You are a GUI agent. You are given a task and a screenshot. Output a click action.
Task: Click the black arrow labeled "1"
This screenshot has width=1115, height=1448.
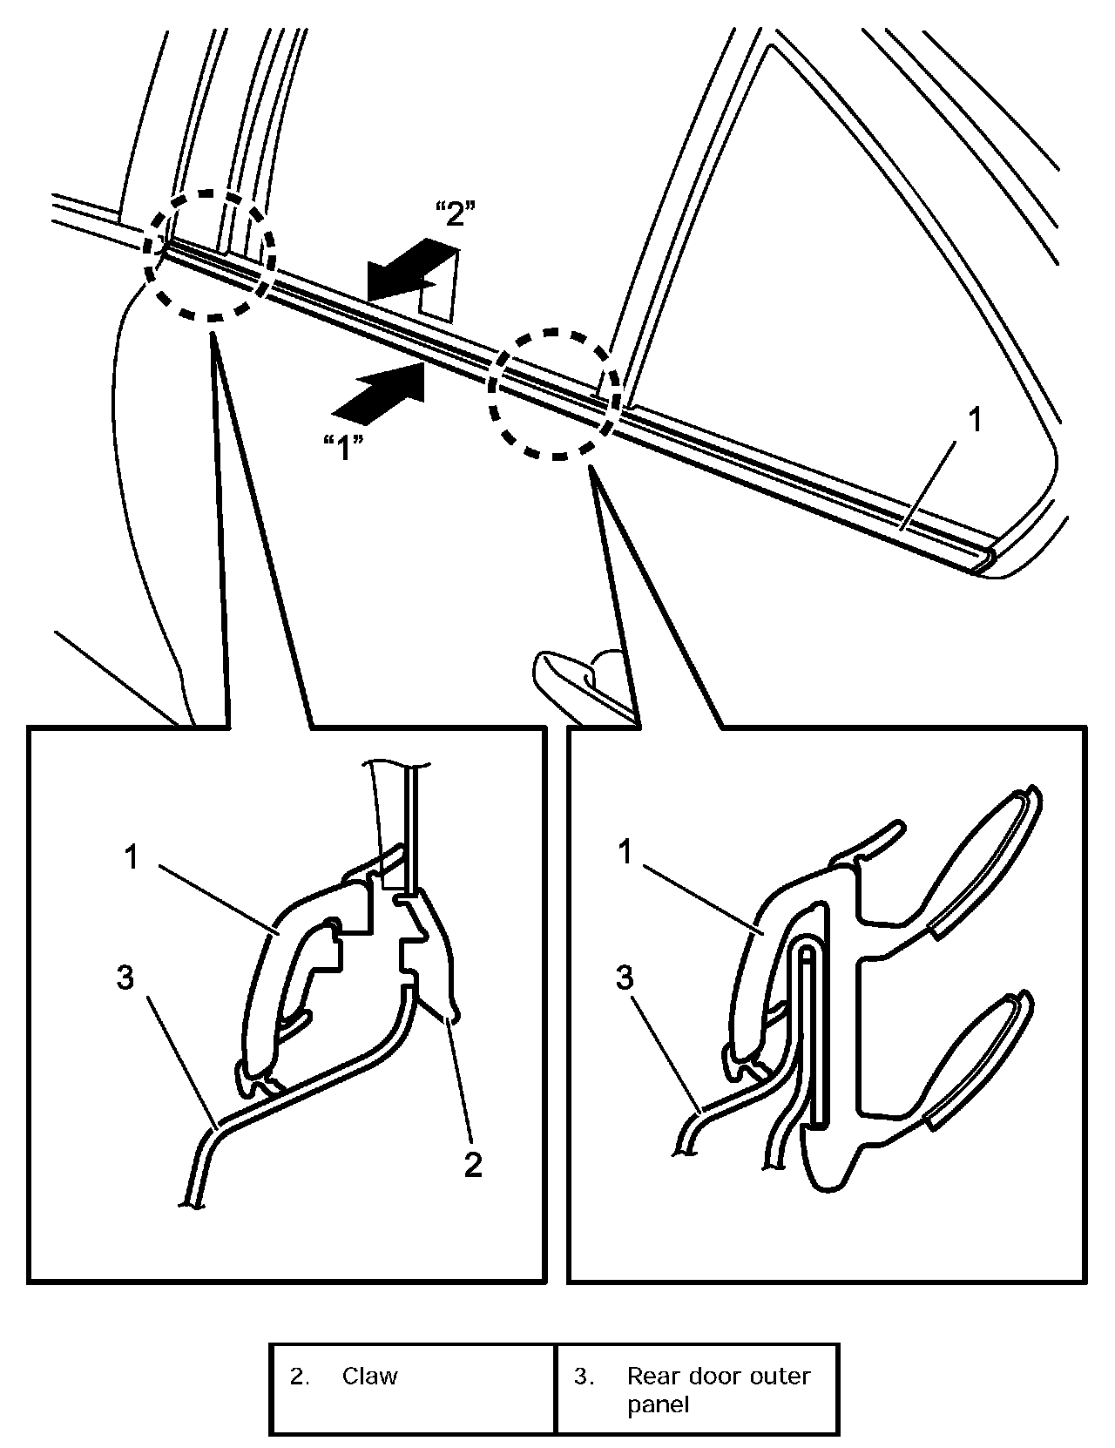click(x=382, y=391)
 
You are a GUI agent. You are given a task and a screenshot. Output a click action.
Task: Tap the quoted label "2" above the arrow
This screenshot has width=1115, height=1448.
click(x=454, y=214)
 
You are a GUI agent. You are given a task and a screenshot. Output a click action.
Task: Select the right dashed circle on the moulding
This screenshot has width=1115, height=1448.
click(x=554, y=394)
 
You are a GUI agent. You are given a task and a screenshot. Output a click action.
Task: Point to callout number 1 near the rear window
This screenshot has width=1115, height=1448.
click(x=976, y=420)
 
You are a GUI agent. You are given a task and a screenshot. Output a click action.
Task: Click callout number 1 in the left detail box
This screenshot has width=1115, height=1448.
click(x=131, y=858)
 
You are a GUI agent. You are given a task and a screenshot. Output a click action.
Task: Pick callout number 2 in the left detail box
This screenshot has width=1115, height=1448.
click(x=473, y=1163)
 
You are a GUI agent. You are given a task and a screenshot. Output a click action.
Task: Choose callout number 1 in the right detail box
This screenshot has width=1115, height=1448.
click(x=624, y=854)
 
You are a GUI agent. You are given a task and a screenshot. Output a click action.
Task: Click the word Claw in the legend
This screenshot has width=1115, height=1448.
click(x=369, y=1377)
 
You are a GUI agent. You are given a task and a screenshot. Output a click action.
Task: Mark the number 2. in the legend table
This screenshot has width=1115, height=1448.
click(x=299, y=1377)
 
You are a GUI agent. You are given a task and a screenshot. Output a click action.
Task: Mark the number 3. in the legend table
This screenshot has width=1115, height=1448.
click(x=584, y=1377)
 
